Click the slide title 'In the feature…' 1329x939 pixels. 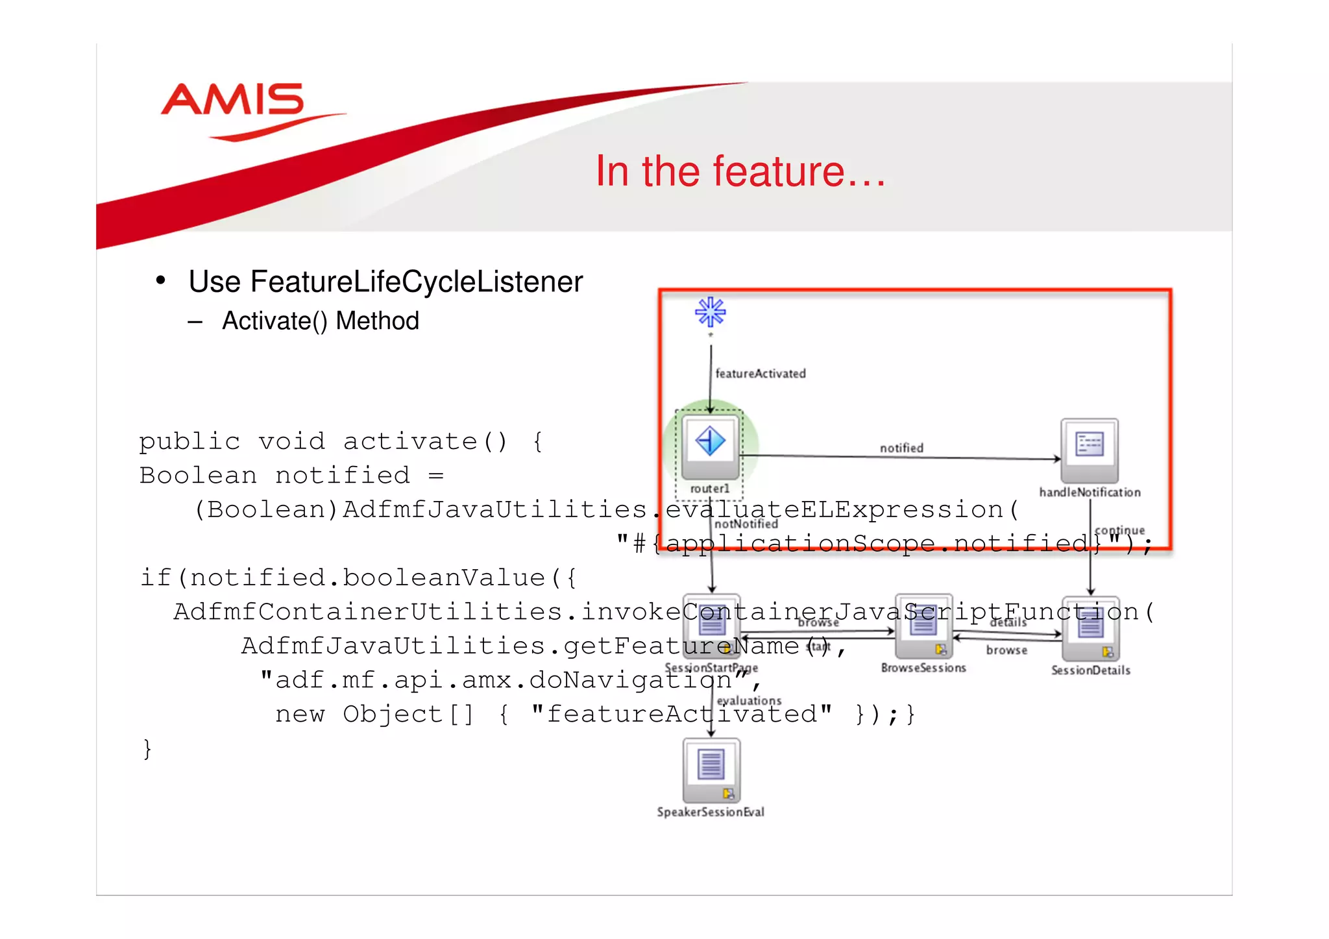pyautogui.click(x=740, y=171)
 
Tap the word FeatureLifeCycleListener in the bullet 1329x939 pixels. pyautogui.click(x=417, y=282)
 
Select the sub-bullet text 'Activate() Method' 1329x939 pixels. pyautogui.click(x=321, y=321)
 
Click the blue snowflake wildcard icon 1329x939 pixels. pyautogui.click(x=711, y=313)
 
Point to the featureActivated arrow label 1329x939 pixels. pyautogui.click(x=761, y=374)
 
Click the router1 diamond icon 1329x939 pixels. pyautogui.click(x=711, y=442)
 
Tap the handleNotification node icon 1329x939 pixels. pyautogui.click(x=1090, y=446)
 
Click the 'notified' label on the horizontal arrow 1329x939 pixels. pyautogui.click(x=901, y=448)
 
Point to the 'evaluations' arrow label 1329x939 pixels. pyautogui.click(x=750, y=701)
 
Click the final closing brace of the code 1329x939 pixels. pyautogui.click(x=147, y=749)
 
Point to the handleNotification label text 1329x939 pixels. pyautogui.click(x=1090, y=493)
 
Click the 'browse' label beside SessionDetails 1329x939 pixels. pyautogui.click(x=1006, y=650)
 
